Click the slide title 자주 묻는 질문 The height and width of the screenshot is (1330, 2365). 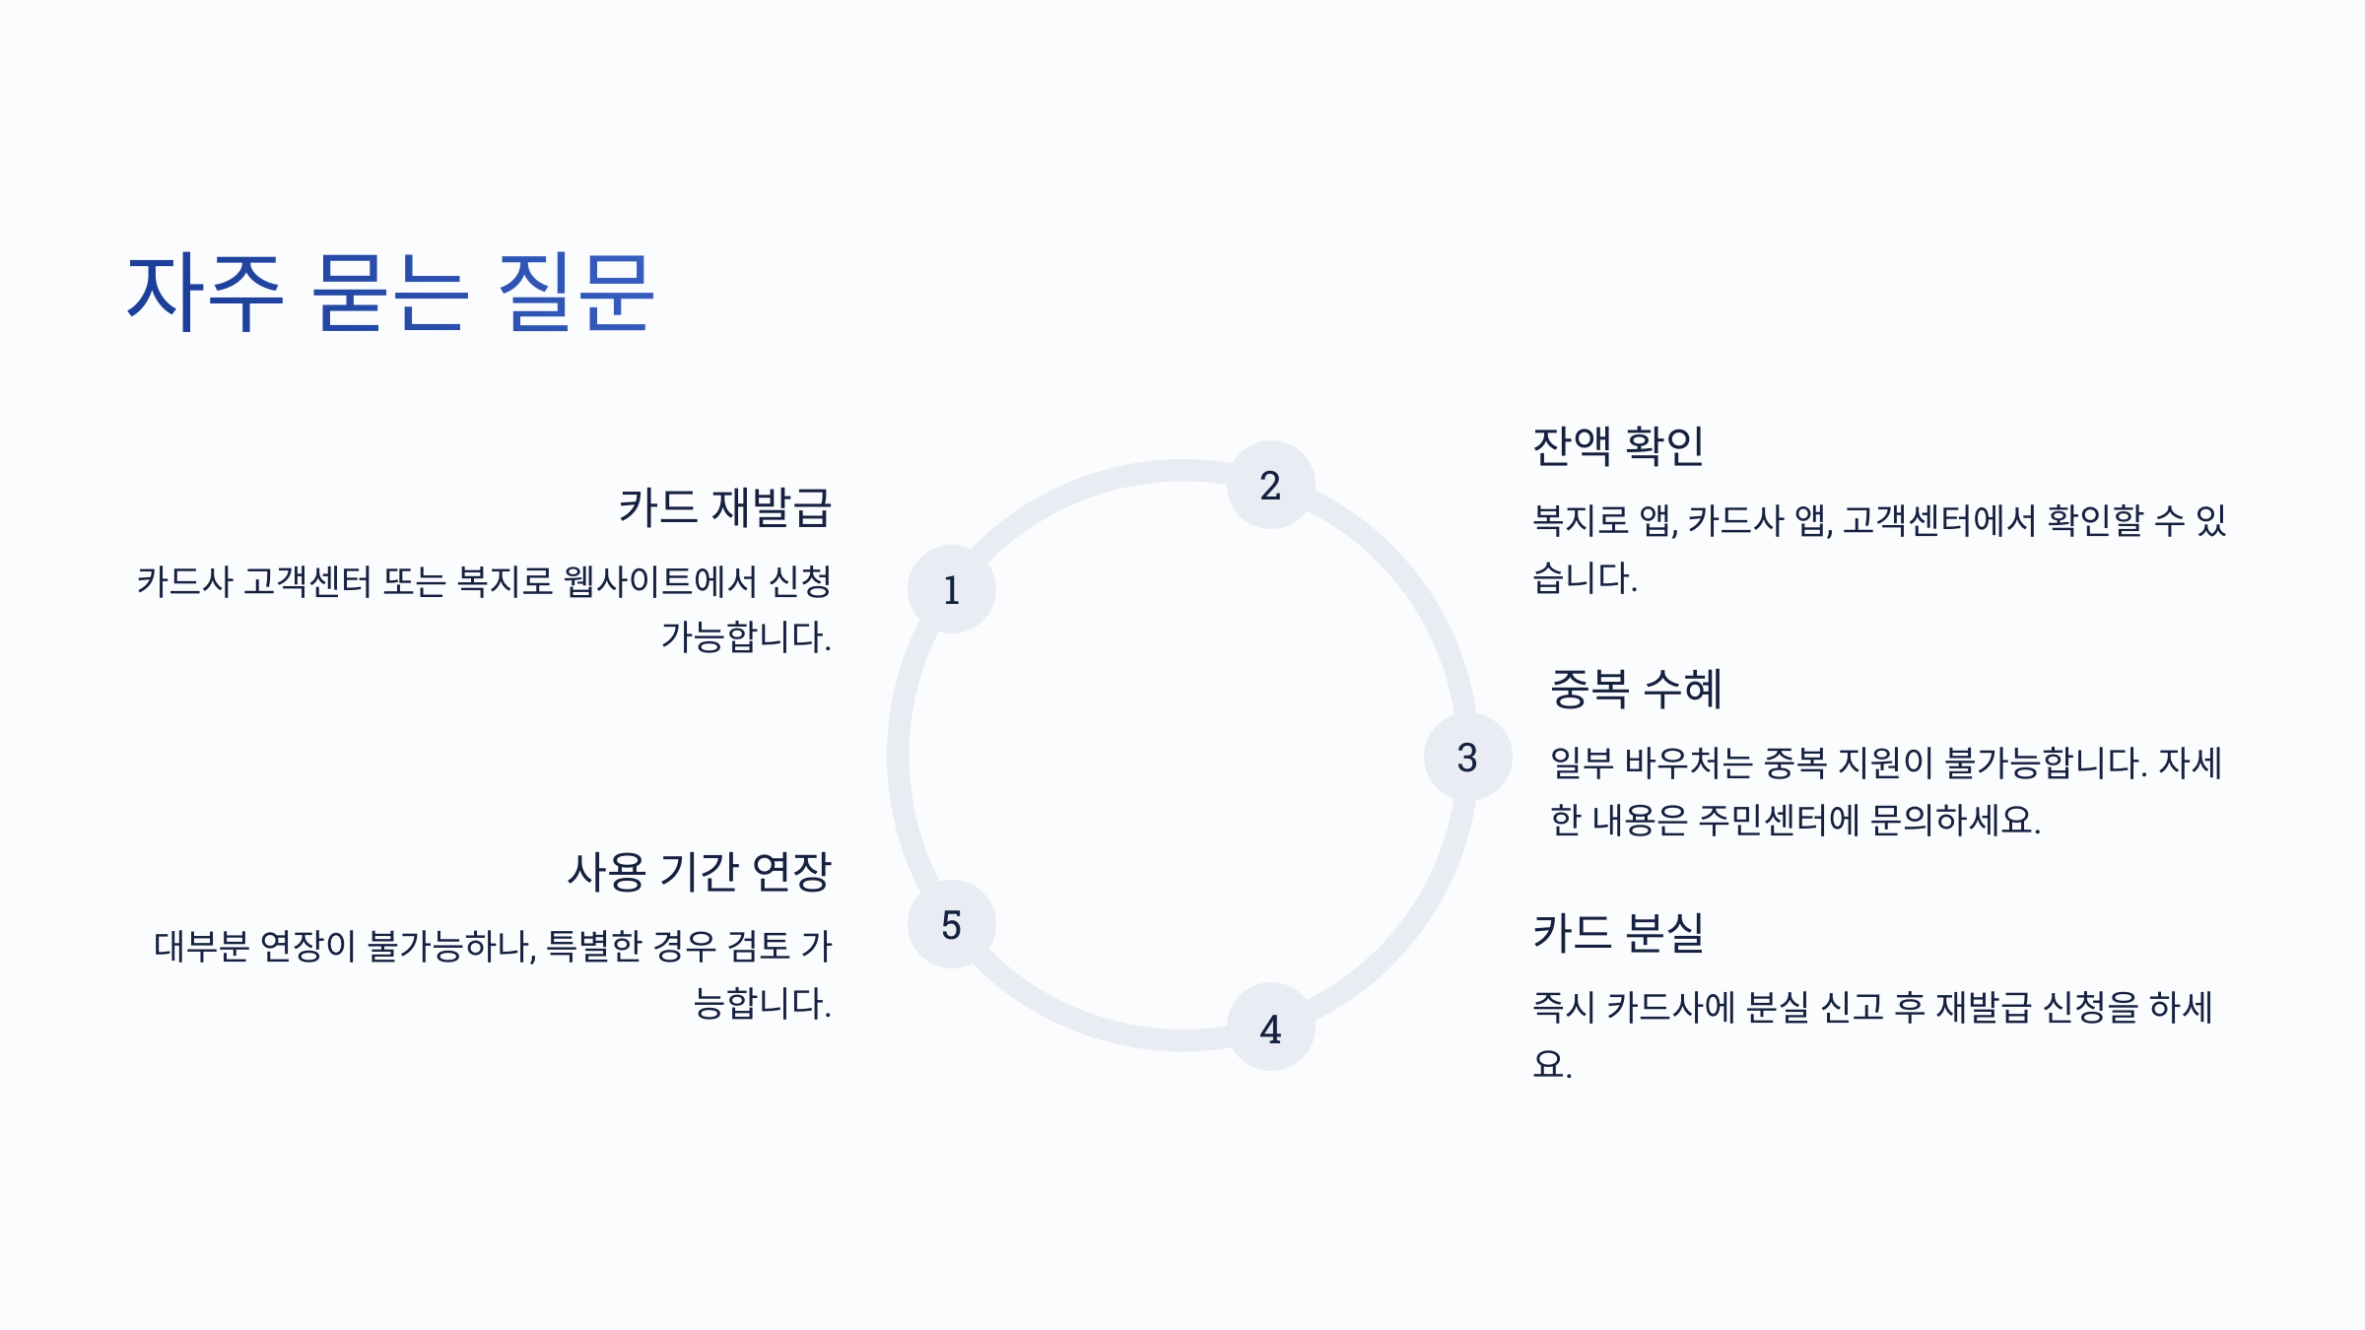[389, 292]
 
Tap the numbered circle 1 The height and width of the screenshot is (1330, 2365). [951, 589]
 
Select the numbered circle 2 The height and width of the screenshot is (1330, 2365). [1270, 485]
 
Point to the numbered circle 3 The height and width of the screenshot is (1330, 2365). [1467, 757]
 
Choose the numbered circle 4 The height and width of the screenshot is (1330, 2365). [1270, 1028]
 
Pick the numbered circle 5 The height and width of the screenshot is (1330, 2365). [951, 924]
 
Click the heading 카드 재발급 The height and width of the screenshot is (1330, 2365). [724, 507]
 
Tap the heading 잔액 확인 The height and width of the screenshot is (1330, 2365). [1618, 446]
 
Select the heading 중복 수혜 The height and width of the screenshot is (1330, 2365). [1636, 689]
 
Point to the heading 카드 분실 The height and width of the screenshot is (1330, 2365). [1618, 932]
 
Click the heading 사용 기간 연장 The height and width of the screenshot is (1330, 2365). [699, 872]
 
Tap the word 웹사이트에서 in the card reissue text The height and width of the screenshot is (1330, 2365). [660, 581]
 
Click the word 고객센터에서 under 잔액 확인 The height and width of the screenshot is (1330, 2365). [1938, 520]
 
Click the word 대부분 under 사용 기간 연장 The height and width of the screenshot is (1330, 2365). [201, 946]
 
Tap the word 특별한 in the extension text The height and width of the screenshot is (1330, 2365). [593, 946]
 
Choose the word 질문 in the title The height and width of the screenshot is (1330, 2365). [575, 292]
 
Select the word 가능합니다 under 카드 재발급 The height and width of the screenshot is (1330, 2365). [744, 637]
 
